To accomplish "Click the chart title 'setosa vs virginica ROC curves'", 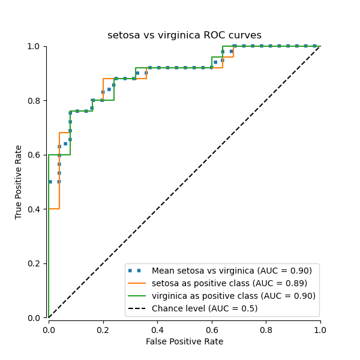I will pyautogui.click(x=184, y=35).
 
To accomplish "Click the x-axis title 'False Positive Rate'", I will pyautogui.click(x=184, y=341).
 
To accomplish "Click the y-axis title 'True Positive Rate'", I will pyautogui.click(x=19, y=182).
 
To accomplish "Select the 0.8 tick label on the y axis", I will pyautogui.click(x=35, y=101).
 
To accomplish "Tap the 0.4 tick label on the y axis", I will pyautogui.click(x=35, y=209).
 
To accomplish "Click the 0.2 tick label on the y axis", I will pyautogui.click(x=35, y=263).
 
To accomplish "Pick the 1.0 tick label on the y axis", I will pyautogui.click(x=35, y=47).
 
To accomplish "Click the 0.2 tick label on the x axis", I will pyautogui.click(x=103, y=329).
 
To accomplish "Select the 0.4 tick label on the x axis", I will pyautogui.click(x=157, y=329).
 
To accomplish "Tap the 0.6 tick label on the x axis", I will pyautogui.click(x=211, y=329).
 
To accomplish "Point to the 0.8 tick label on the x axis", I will pyautogui.click(x=266, y=329).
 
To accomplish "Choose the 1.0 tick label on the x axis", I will pyautogui.click(x=320, y=329).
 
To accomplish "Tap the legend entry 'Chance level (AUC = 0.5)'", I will pyautogui.click(x=205, y=308).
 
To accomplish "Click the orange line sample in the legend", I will pyautogui.click(x=137, y=283).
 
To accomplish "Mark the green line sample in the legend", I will pyautogui.click(x=137, y=296).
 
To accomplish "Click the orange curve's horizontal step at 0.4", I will pyautogui.click(x=54, y=209).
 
